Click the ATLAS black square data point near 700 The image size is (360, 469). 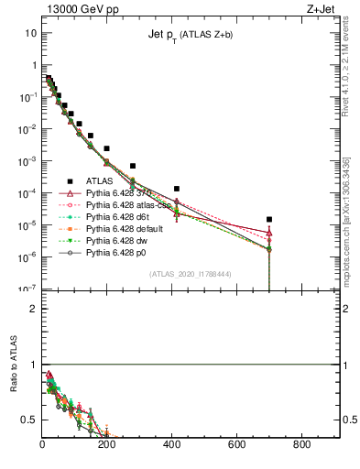[x=269, y=220]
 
